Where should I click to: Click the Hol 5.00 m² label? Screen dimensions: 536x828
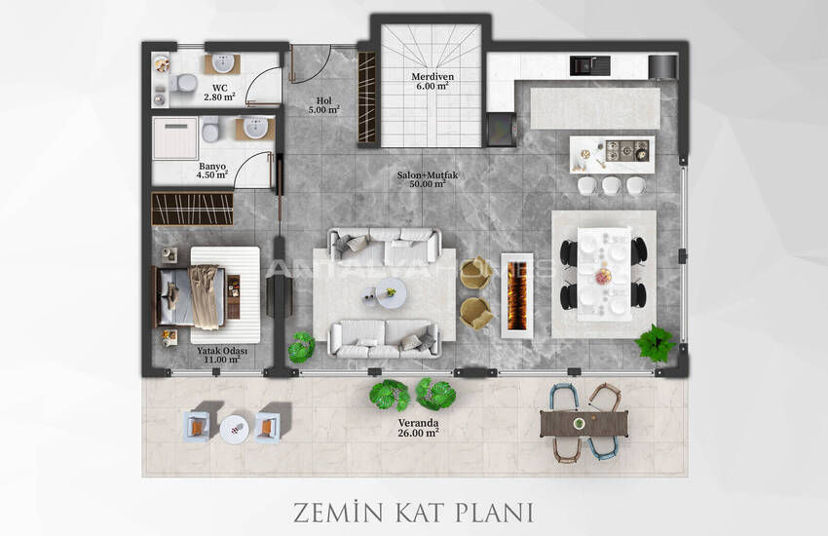325,104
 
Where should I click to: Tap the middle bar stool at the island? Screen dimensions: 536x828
611,184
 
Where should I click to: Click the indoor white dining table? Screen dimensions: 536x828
604,273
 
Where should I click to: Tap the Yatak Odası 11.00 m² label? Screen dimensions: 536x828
221,356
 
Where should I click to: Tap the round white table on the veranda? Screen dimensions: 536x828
233,429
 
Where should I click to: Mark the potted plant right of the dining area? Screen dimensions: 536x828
656,343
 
